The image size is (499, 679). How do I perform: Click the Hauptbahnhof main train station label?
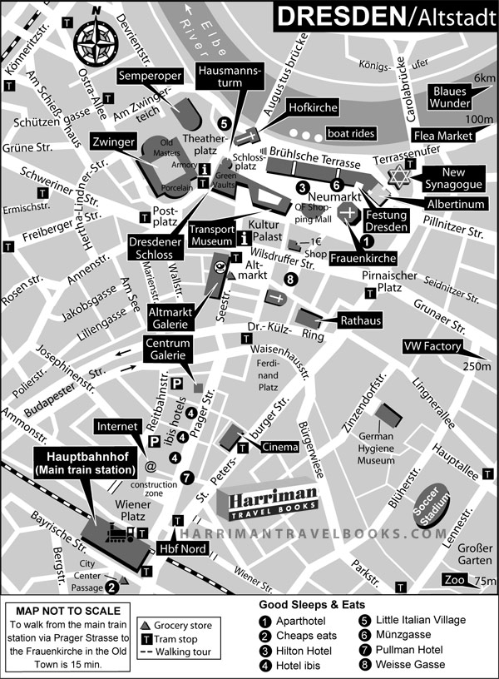click(83, 463)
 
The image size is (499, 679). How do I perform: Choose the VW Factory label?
click(433, 346)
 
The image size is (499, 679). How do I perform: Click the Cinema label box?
click(280, 448)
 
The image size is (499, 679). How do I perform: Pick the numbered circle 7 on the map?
click(187, 478)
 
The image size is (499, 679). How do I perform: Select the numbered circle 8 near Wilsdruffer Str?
click(289, 280)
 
